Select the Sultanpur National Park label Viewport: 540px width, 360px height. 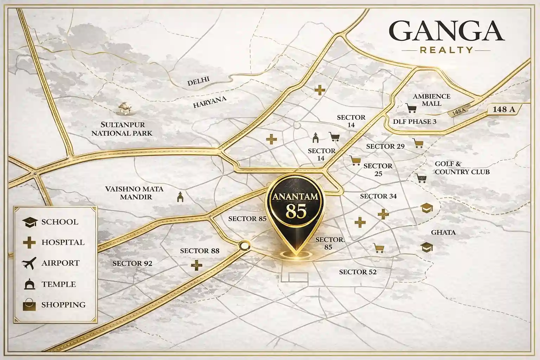point(122,129)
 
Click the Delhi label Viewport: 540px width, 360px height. point(198,82)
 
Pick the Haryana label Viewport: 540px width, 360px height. point(210,102)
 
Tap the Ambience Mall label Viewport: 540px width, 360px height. point(431,100)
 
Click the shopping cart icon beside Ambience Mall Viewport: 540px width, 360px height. point(411,108)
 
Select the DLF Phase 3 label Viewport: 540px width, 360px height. point(414,122)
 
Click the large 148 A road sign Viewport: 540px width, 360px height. point(503,109)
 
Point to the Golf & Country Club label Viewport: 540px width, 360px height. point(462,168)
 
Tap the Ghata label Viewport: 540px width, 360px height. point(443,232)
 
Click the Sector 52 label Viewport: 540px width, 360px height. point(358,272)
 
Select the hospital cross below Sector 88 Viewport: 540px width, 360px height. point(197,265)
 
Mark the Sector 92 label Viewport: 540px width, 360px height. point(132,263)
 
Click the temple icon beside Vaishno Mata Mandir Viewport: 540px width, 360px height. point(180,197)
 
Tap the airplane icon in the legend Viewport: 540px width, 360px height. point(29,263)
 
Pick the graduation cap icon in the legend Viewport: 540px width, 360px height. point(30,222)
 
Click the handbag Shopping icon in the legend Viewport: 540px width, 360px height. point(29,305)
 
